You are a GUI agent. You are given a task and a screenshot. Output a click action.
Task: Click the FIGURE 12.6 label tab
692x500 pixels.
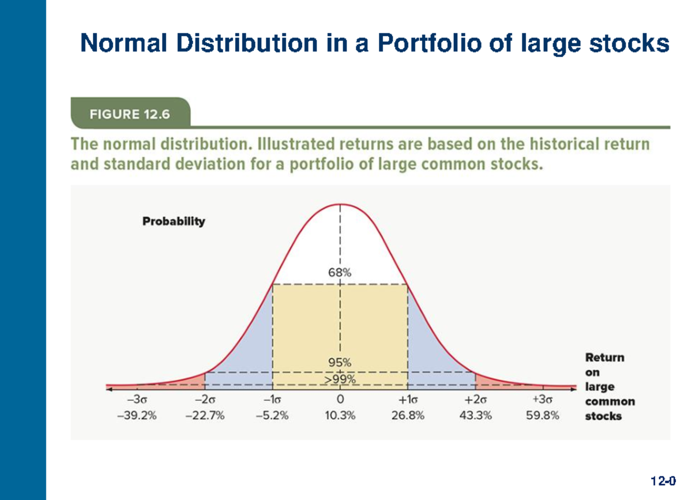[130, 114]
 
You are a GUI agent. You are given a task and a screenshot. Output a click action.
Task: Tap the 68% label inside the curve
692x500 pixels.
[340, 273]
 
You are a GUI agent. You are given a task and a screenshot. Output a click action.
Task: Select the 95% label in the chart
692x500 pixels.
[340, 363]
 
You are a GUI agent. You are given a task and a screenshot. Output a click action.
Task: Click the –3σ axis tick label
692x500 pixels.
[137, 400]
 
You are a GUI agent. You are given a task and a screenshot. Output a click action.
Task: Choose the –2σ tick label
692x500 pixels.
[205, 400]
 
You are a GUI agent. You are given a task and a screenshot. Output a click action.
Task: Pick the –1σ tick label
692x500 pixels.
[273, 400]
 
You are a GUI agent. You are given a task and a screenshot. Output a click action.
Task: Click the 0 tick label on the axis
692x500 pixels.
[340, 400]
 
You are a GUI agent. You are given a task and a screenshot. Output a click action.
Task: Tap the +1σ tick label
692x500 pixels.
[408, 400]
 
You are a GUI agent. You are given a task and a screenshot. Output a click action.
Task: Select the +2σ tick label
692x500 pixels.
[476, 400]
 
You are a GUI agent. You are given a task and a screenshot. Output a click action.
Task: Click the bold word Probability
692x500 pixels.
[174, 221]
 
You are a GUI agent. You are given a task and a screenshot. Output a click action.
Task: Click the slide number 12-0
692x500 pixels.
[663, 480]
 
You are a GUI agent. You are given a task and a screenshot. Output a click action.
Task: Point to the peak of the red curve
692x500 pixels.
[340, 204]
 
